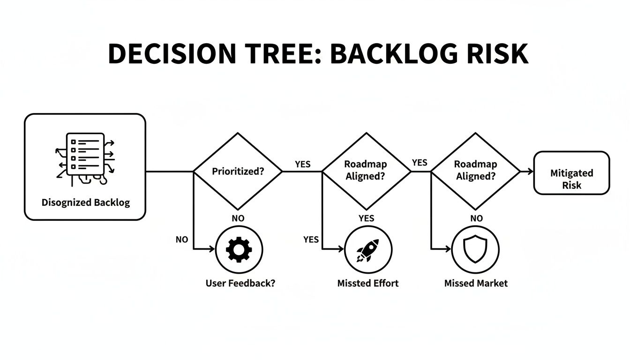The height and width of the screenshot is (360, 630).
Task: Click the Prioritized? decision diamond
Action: (238, 172)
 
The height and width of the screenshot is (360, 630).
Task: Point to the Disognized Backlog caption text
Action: (85, 202)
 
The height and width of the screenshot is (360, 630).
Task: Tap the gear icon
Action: (239, 249)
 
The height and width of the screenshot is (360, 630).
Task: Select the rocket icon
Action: (368, 249)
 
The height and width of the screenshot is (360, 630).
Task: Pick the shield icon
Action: (475, 249)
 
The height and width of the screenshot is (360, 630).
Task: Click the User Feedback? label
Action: (240, 284)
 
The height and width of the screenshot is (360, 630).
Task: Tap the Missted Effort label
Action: (368, 284)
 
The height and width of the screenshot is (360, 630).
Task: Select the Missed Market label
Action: (476, 284)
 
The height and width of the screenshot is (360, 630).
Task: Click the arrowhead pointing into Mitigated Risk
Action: (530, 172)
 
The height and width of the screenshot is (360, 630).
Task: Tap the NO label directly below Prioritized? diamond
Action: (238, 218)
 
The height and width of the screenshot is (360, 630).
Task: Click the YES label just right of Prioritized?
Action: (302, 165)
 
